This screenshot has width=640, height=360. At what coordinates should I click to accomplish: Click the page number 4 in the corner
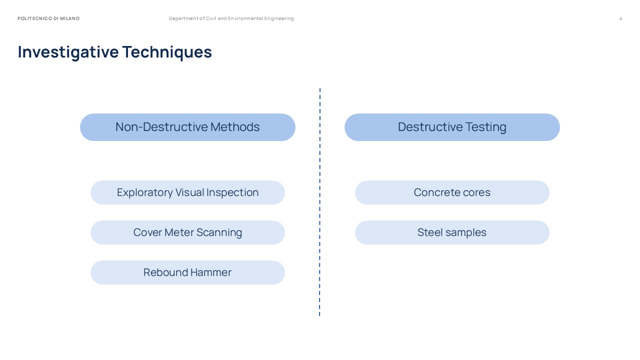click(620, 18)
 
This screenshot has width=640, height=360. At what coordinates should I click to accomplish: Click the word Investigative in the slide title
click(68, 52)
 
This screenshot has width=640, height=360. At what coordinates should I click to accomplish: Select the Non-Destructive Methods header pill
click(187, 127)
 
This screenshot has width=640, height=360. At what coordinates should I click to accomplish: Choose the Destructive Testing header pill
click(452, 127)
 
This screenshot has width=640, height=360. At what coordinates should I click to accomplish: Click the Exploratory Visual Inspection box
click(187, 192)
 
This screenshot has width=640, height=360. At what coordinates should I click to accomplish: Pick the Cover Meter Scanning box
click(187, 232)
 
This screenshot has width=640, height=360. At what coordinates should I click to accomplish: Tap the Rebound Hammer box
click(187, 272)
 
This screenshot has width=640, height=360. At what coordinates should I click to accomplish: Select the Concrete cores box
click(452, 192)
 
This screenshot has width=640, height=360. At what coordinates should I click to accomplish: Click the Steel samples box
click(452, 232)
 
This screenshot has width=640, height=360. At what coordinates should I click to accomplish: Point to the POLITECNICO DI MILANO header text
click(48, 18)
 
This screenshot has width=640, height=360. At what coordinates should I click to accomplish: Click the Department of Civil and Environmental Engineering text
click(231, 18)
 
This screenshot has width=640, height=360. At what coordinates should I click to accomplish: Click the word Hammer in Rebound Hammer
click(211, 272)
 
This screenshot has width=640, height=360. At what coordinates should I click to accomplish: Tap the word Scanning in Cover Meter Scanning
click(219, 232)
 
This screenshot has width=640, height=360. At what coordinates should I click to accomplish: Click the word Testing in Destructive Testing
click(484, 127)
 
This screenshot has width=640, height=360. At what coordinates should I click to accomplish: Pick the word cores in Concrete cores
click(476, 192)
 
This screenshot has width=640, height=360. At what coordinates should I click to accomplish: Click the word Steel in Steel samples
click(428, 232)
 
